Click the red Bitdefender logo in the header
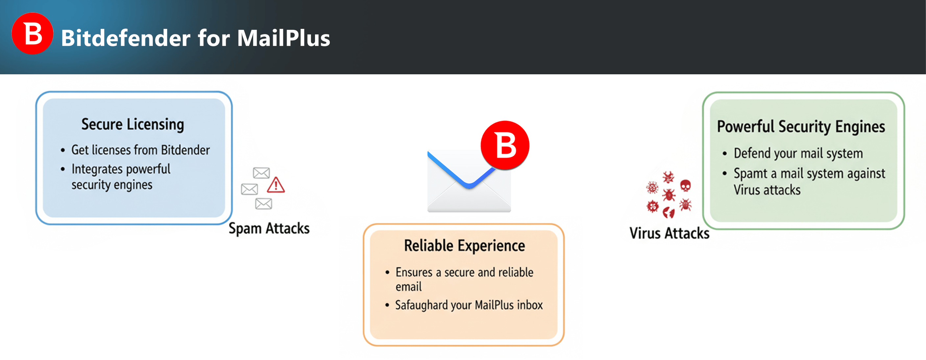tap(32, 34)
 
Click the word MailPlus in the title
tap(283, 38)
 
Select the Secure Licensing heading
tap(132, 124)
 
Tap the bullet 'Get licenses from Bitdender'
tap(140, 150)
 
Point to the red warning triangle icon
tap(276, 185)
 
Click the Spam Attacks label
tap(269, 228)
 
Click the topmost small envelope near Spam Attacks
tap(261, 173)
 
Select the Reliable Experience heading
tap(464, 246)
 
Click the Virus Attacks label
tap(669, 233)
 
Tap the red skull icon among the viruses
tap(685, 186)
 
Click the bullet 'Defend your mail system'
tap(798, 154)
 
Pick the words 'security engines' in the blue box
tap(112, 185)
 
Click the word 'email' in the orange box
tap(408, 287)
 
